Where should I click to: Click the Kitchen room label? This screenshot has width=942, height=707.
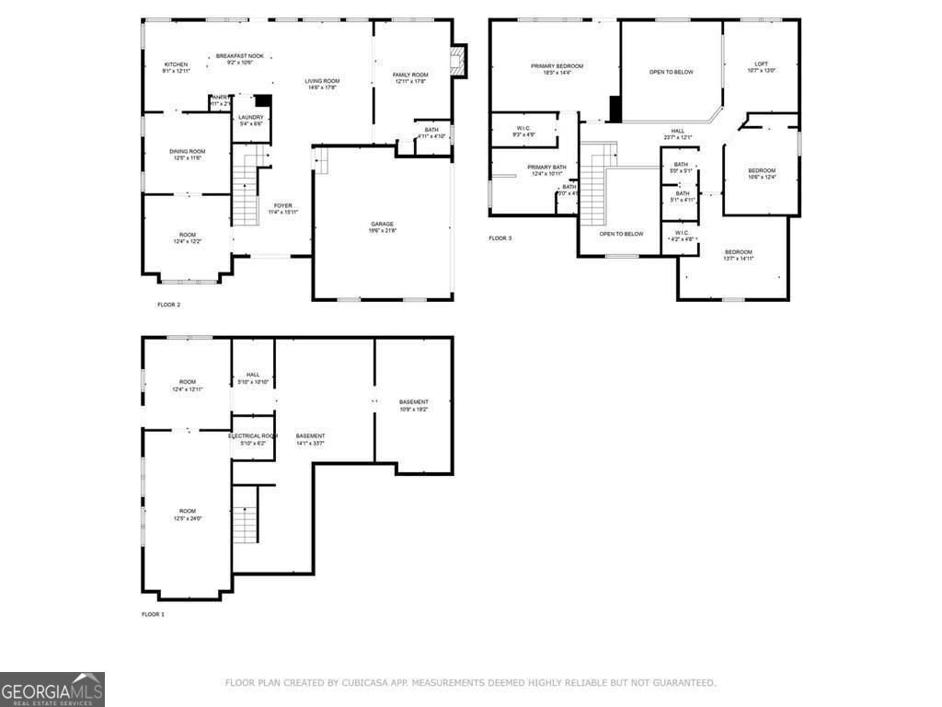click(176, 64)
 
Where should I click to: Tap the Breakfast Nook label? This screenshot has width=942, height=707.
click(240, 56)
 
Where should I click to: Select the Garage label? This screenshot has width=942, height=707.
click(383, 224)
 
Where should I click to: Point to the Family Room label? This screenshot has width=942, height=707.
click(410, 75)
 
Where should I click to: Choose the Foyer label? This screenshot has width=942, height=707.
click(282, 205)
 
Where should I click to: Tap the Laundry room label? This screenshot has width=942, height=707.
click(251, 118)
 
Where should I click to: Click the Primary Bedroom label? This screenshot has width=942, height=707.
click(557, 66)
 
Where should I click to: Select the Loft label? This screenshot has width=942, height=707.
click(761, 64)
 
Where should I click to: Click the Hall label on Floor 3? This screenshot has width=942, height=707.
click(678, 131)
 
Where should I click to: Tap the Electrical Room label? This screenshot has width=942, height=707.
click(253, 435)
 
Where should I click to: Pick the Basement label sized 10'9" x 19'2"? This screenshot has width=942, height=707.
click(413, 402)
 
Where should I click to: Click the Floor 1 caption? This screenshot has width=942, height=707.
click(153, 614)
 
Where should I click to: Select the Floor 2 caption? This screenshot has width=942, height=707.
click(168, 304)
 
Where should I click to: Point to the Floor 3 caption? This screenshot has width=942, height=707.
click(500, 238)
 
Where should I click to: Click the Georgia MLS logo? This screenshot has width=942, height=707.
click(52, 690)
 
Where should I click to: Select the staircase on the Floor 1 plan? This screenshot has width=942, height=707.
click(245, 523)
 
